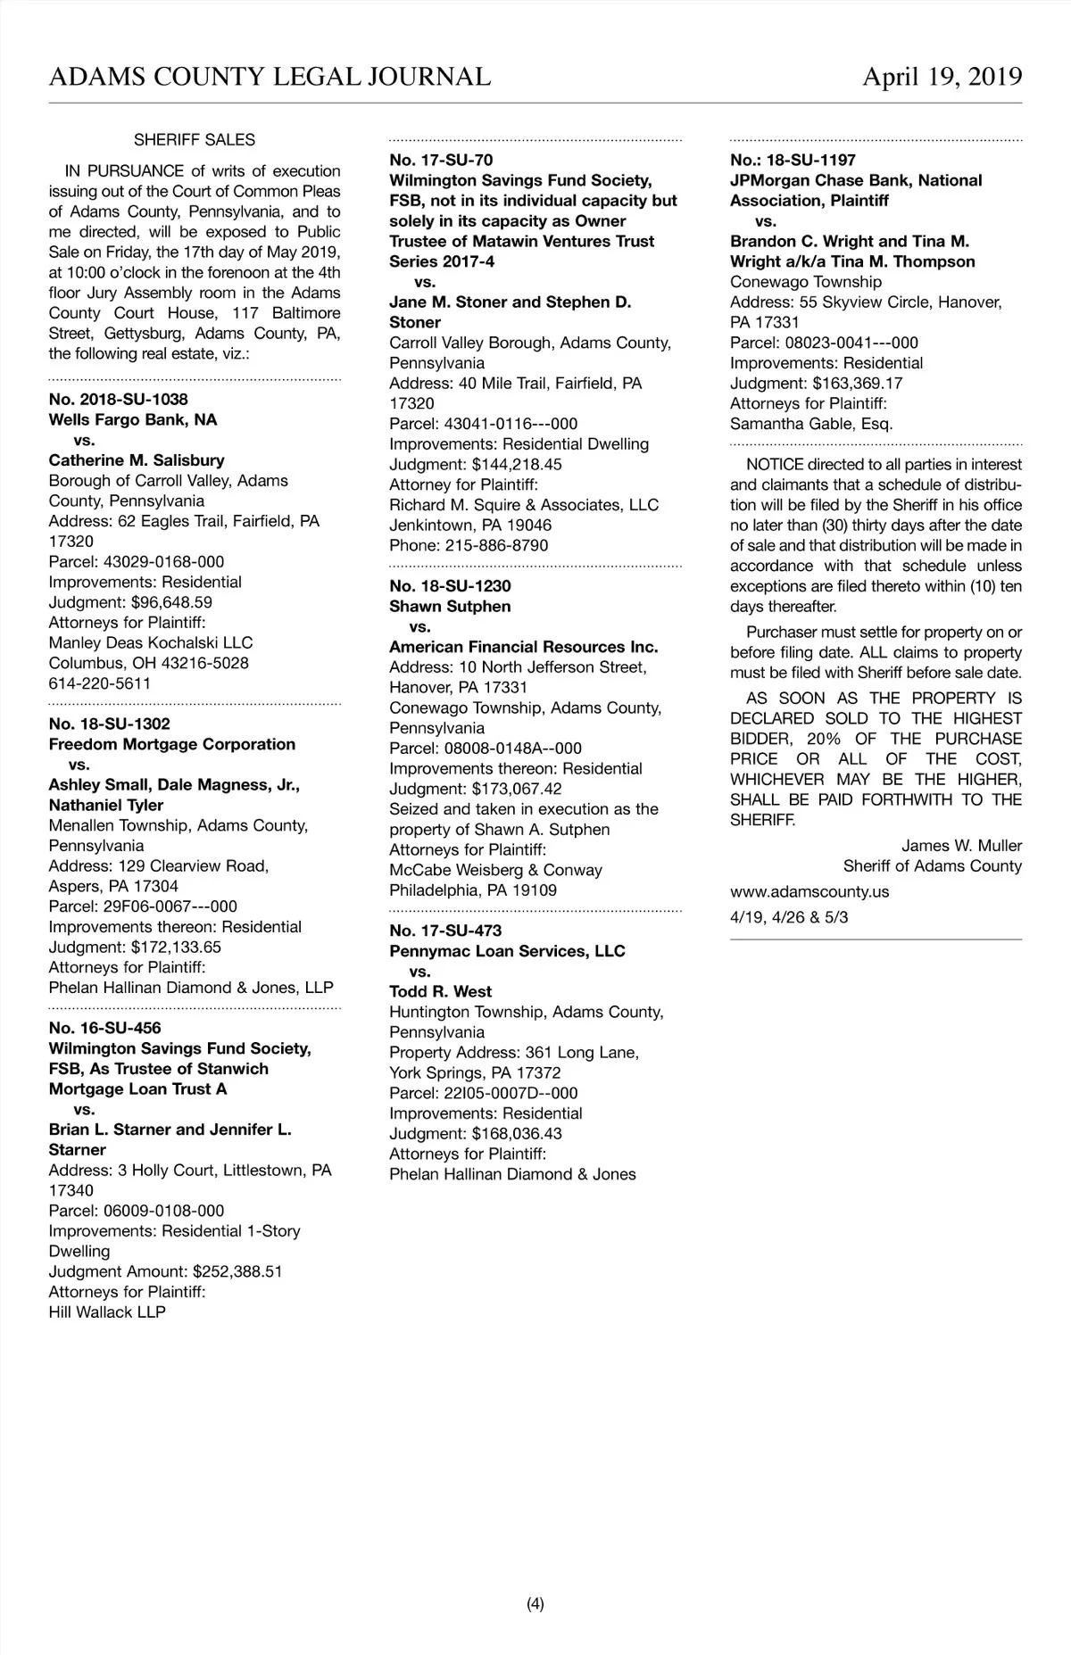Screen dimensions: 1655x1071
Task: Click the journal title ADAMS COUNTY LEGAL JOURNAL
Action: click(x=270, y=77)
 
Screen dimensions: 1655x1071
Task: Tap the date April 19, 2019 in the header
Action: click(x=942, y=77)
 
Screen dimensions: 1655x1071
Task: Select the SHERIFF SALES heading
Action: click(x=195, y=140)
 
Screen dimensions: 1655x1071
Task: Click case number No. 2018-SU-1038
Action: click(x=119, y=400)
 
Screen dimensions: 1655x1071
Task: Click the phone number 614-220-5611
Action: click(x=100, y=683)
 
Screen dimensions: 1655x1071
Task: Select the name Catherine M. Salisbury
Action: click(x=137, y=460)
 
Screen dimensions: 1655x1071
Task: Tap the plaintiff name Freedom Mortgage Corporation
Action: click(x=172, y=744)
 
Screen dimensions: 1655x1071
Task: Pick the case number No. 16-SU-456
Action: click(x=105, y=1028)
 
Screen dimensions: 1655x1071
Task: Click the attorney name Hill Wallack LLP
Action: click(x=107, y=1312)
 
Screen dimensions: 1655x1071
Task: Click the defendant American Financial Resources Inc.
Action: click(x=524, y=647)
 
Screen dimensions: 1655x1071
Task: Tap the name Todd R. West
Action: click(x=441, y=991)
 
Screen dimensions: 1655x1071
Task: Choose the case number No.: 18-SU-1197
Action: click(x=793, y=161)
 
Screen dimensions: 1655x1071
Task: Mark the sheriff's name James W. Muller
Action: click(x=961, y=845)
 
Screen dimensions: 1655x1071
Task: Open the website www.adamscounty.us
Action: click(x=809, y=891)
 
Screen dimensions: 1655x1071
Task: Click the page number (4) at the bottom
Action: click(x=535, y=1604)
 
